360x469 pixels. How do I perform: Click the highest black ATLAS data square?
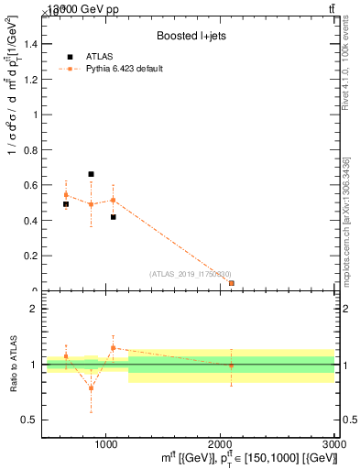tap(91, 174)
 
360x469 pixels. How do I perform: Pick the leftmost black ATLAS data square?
tap(66, 204)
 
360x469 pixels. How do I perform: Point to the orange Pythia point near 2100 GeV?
tap(231, 283)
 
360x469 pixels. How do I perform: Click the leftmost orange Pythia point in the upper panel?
tap(66, 194)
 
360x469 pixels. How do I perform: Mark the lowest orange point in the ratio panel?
tap(91, 387)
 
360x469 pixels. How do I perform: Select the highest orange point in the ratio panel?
tap(113, 348)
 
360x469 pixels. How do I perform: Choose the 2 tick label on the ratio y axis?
tap(33, 310)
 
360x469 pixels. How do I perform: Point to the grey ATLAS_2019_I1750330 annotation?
tap(191, 273)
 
